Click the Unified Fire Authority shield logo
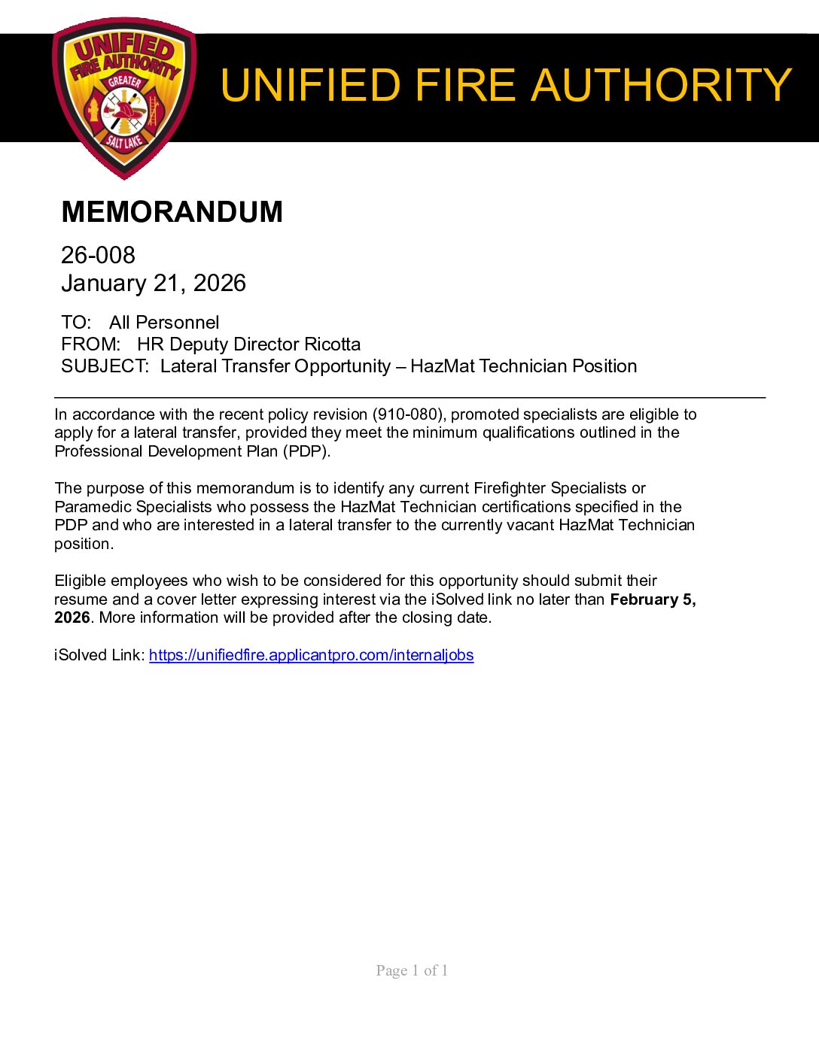tap(124, 98)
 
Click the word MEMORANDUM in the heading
tap(172, 212)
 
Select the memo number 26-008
tap(98, 255)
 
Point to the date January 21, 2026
tap(154, 283)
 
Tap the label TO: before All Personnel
tap(76, 323)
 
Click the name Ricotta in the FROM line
tap(332, 344)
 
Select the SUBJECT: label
tap(105, 366)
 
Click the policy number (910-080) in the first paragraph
tap(410, 414)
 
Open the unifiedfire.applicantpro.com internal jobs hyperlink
tap(311, 655)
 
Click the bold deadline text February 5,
tap(653, 599)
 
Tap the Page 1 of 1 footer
tap(412, 970)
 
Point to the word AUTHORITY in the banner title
tap(662, 85)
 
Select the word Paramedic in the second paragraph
tap(93, 507)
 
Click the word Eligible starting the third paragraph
tap(81, 581)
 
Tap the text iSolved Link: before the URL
tap(99, 655)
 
